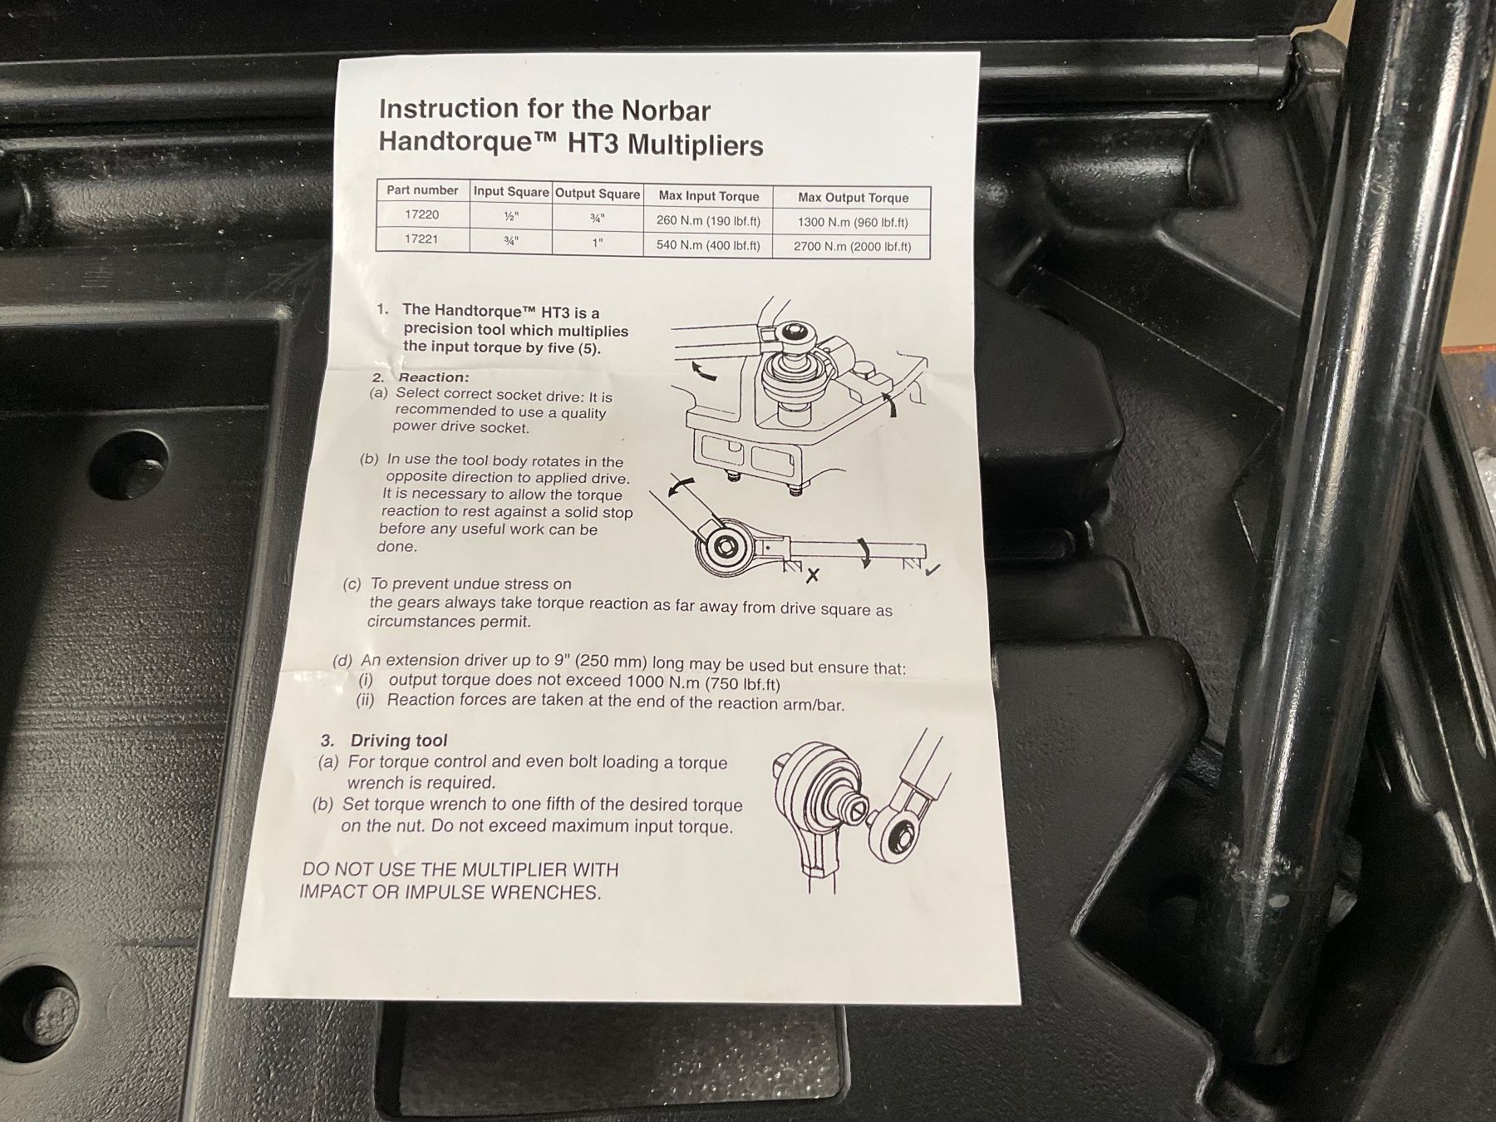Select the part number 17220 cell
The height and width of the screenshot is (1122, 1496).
tap(422, 214)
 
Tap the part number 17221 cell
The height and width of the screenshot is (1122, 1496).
tap(421, 239)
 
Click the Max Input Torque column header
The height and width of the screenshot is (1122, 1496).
tap(709, 196)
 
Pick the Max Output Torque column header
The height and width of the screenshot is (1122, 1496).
tap(853, 198)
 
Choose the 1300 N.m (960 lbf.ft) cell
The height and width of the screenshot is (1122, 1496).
tap(853, 222)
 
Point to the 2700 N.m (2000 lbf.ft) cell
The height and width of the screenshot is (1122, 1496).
tap(852, 246)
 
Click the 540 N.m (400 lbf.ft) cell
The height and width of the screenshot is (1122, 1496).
tap(708, 245)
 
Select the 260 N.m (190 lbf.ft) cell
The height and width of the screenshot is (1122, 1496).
tap(708, 221)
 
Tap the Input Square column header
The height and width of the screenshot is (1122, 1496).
tap(511, 192)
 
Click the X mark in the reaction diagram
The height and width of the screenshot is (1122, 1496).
tap(812, 574)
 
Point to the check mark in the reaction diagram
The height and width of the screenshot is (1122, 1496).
tap(933, 569)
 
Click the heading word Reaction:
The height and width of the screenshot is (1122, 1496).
tap(434, 377)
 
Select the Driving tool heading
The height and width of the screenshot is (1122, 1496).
tap(399, 741)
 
